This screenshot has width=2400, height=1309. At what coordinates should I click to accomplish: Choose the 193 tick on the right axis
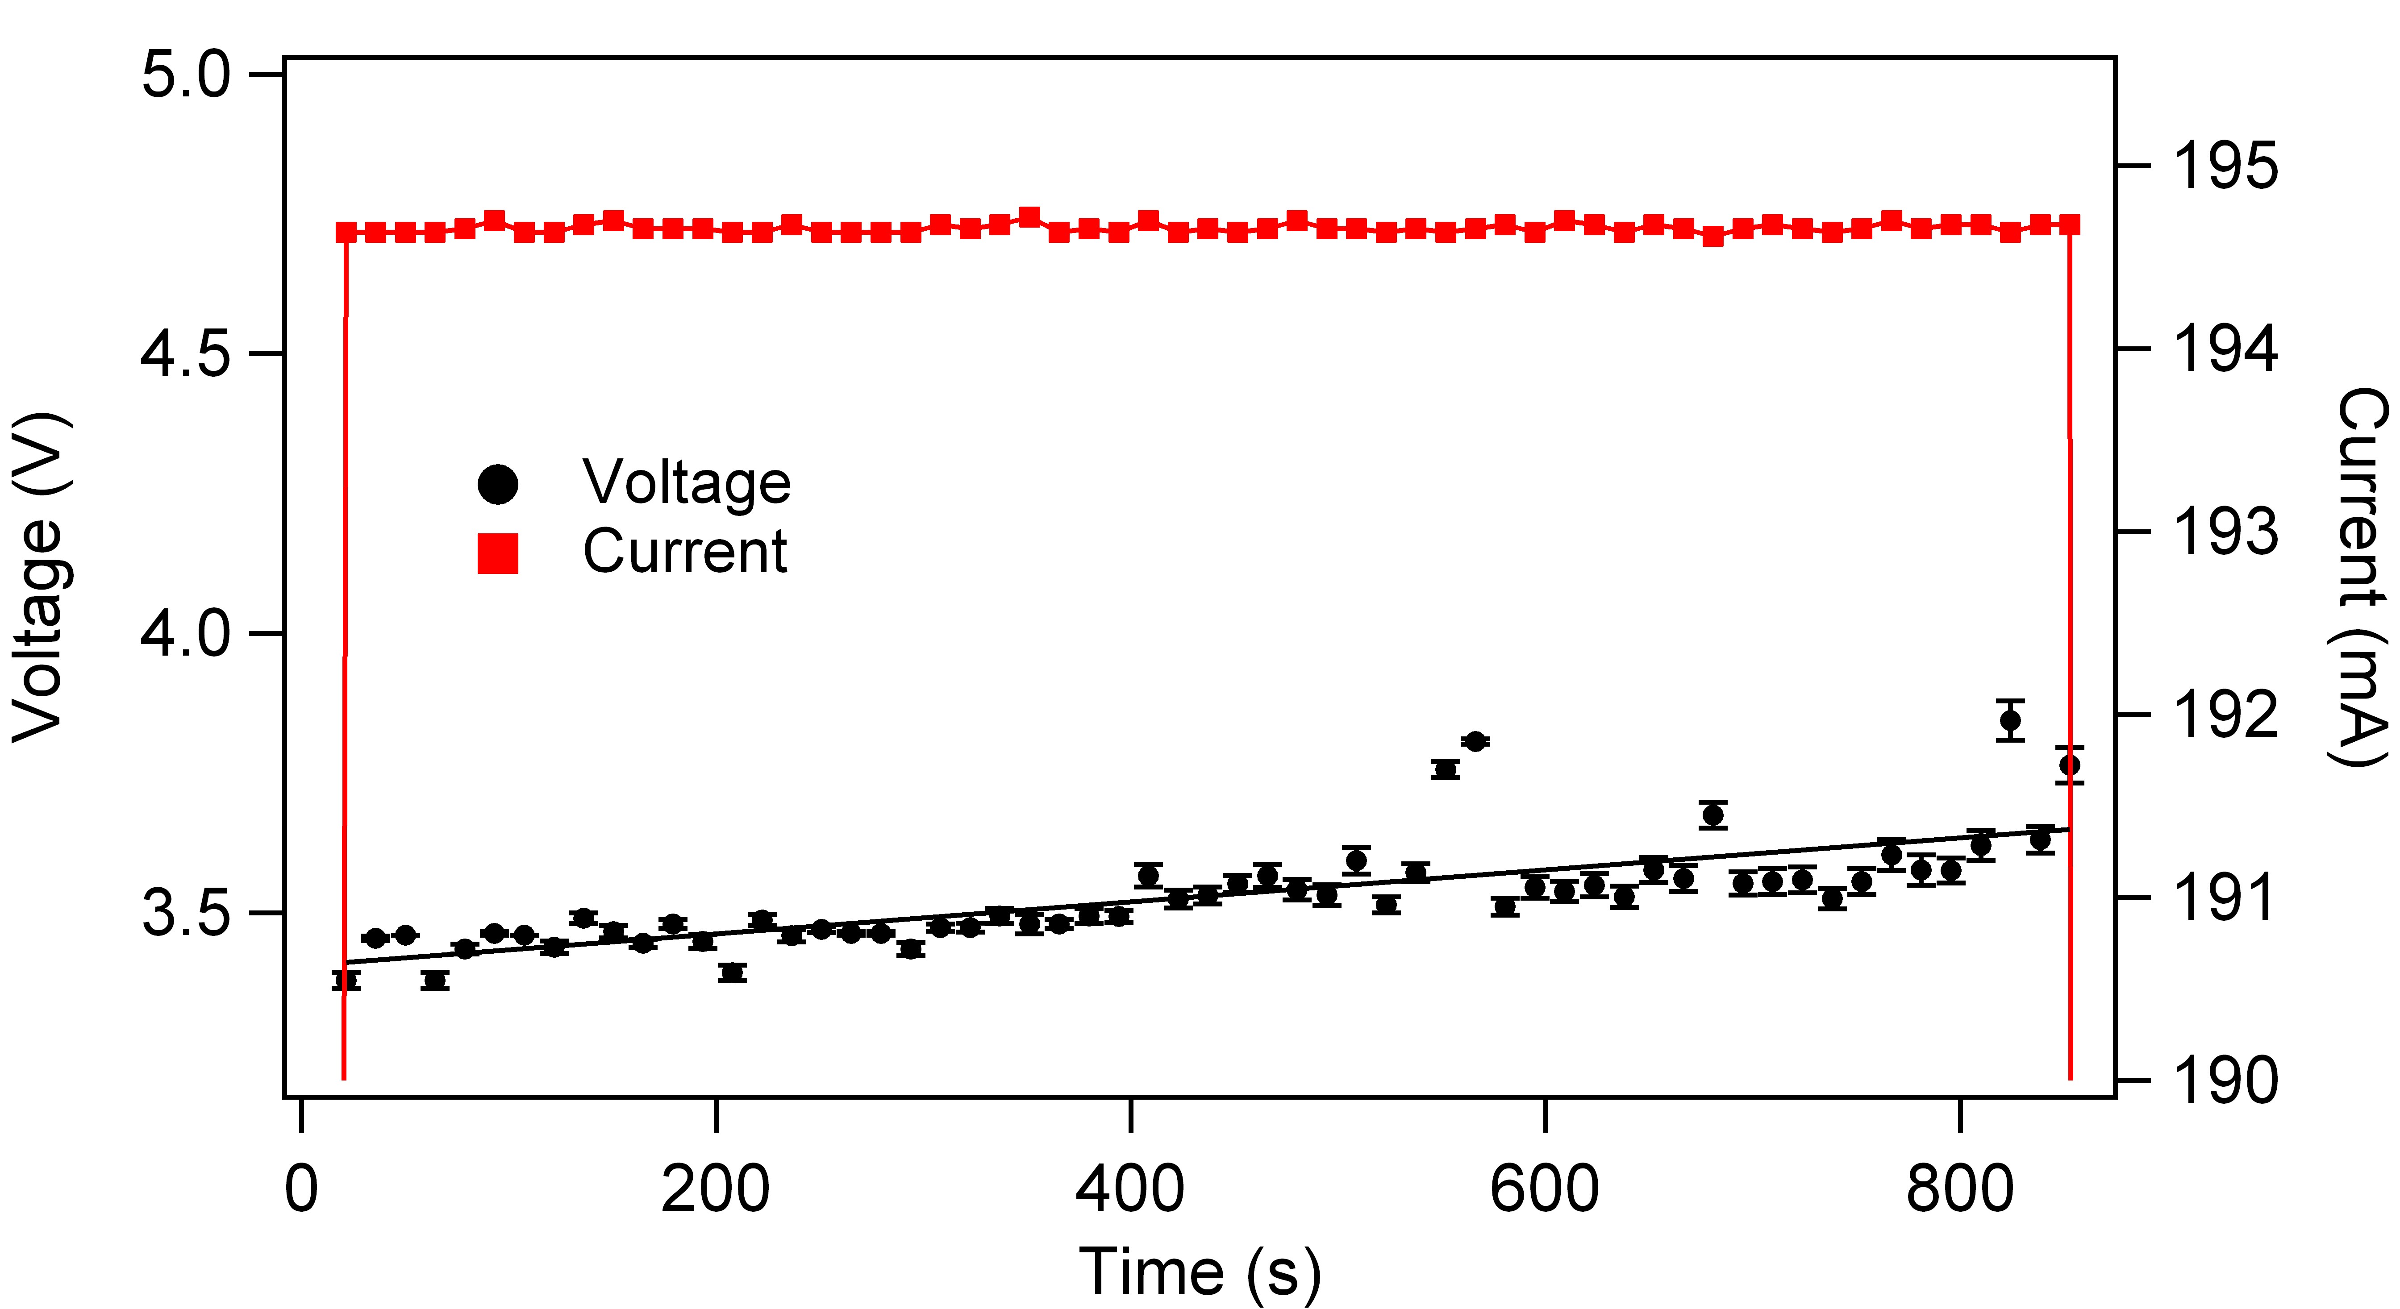2225,532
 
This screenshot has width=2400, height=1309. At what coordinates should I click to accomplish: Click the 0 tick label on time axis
301,1190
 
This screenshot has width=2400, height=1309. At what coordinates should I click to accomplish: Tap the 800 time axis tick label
1959,1190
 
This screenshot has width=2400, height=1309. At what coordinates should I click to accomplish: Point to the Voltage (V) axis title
39,578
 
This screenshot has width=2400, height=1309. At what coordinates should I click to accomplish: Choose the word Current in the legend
685,552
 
